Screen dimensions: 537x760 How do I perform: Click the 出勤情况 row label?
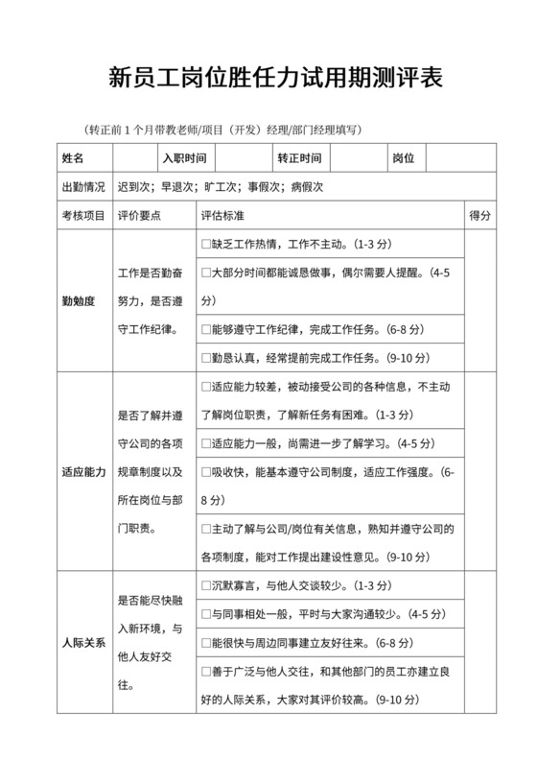click(83, 187)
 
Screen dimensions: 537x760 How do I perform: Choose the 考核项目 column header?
click(83, 216)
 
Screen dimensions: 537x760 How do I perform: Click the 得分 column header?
click(479, 216)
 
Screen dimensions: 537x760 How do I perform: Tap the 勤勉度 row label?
click(78, 300)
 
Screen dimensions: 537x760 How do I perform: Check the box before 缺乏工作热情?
click(206, 245)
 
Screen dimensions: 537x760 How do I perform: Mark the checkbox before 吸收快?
click(206, 473)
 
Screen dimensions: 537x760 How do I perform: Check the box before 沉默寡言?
click(206, 585)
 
